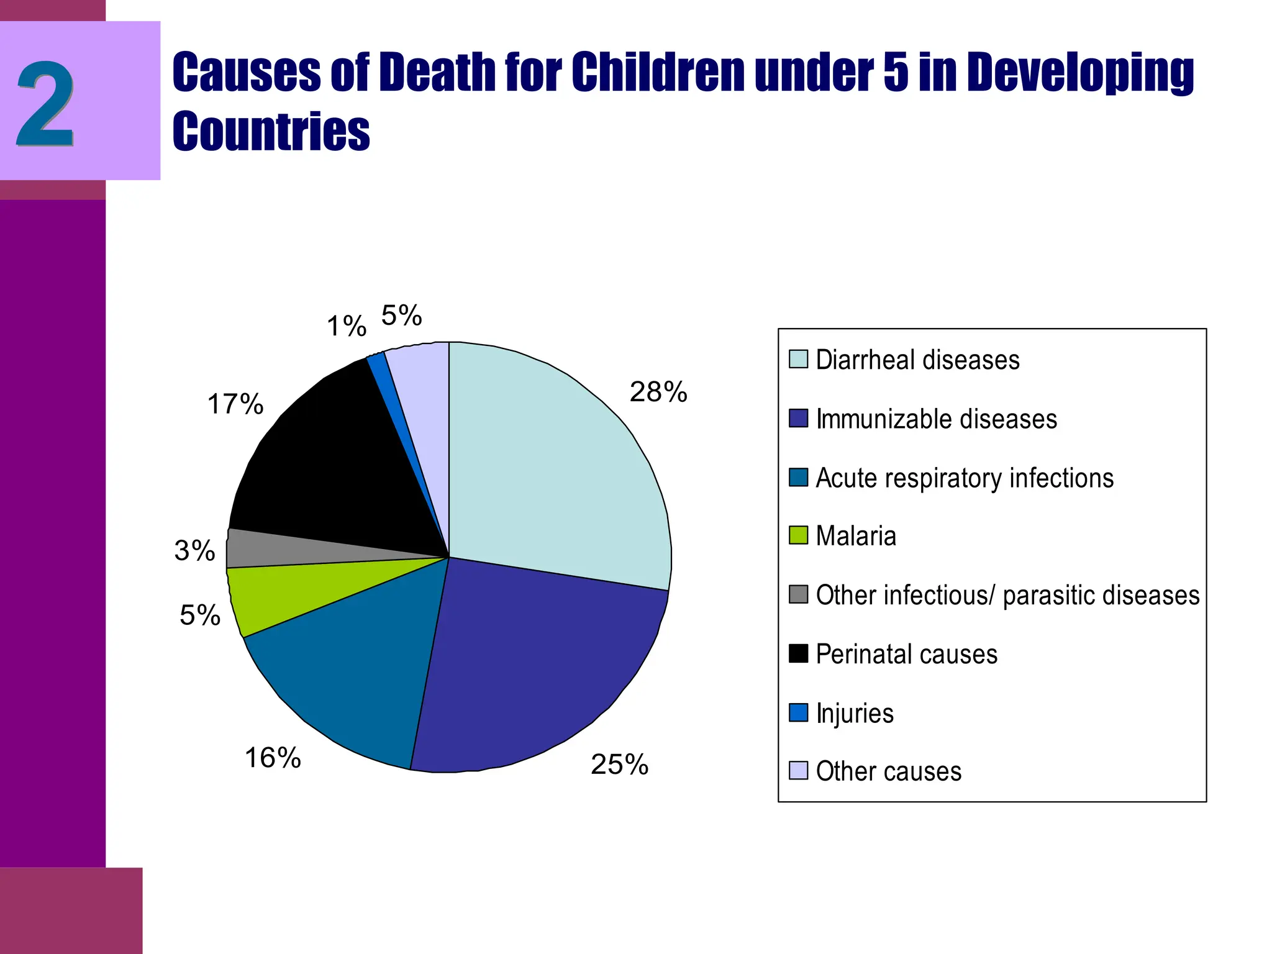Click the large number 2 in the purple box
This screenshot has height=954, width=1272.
45,104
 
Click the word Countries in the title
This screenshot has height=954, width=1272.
271,132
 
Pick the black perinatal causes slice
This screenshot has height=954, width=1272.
323,472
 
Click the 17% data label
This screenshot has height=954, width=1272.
235,404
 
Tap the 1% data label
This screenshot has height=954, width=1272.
347,326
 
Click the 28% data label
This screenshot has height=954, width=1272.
658,393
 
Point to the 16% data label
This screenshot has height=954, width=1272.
273,758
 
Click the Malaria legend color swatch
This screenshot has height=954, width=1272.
798,535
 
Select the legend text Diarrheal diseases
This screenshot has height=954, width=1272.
917,360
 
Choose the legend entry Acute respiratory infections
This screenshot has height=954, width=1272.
964,478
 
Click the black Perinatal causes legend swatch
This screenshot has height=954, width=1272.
798,653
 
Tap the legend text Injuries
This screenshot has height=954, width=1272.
855,713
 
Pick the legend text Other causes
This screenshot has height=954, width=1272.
888,771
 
